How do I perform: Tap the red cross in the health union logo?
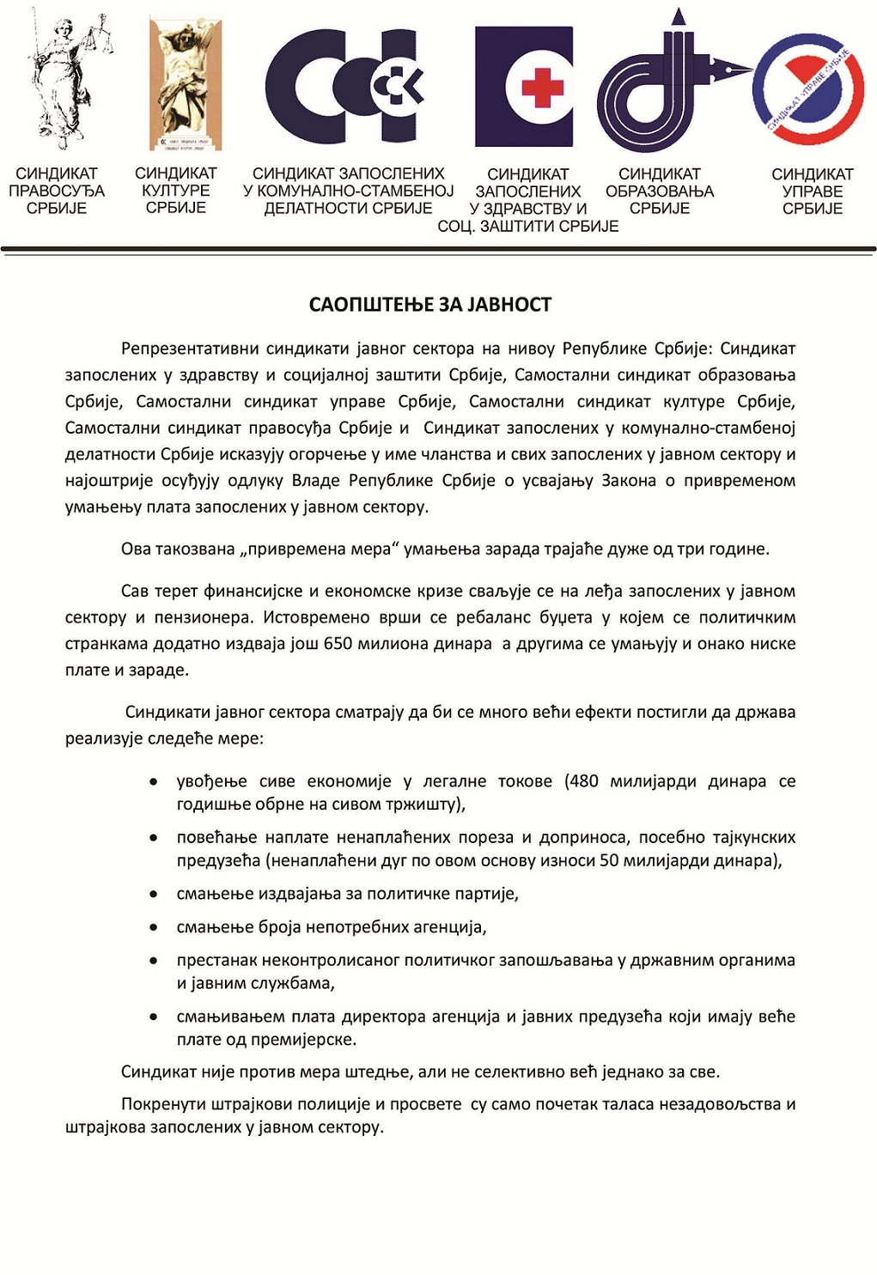point(542,87)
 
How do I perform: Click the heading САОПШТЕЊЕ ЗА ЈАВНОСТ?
point(429,305)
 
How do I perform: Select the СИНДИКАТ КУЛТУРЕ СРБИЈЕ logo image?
point(185,84)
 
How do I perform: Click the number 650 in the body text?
point(338,644)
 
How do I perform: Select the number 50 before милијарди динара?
point(609,860)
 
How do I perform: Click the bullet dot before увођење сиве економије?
point(154,782)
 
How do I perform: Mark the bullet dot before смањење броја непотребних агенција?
point(154,927)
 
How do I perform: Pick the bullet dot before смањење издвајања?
point(154,895)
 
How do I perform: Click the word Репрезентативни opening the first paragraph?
point(189,349)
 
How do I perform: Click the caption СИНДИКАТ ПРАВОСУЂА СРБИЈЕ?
point(57,191)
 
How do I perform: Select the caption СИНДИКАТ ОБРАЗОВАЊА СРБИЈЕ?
point(660,191)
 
